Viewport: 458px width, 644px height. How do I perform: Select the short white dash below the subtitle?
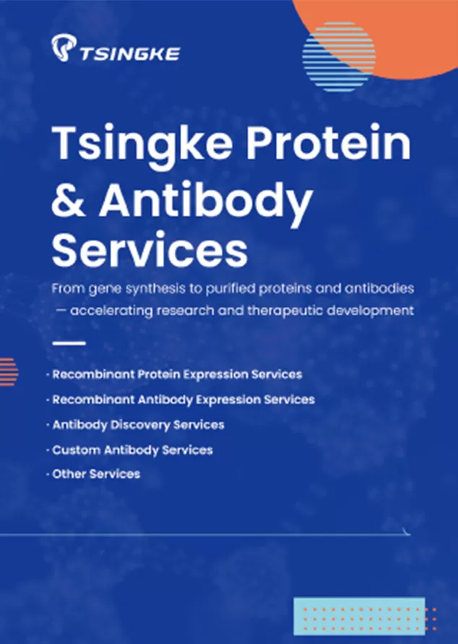click(x=69, y=343)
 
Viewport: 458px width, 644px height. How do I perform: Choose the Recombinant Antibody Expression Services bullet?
click(x=183, y=399)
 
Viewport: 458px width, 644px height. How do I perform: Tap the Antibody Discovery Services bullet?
click(x=138, y=425)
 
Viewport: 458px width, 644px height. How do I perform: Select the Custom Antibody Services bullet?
click(x=132, y=450)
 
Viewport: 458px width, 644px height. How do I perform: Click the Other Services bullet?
click(x=96, y=474)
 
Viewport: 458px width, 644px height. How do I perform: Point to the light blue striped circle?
click(x=338, y=56)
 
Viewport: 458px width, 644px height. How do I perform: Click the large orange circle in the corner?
click(x=405, y=32)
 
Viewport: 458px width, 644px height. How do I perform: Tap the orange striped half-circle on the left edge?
click(x=7, y=371)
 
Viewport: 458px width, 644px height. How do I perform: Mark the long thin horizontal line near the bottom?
click(x=202, y=535)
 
